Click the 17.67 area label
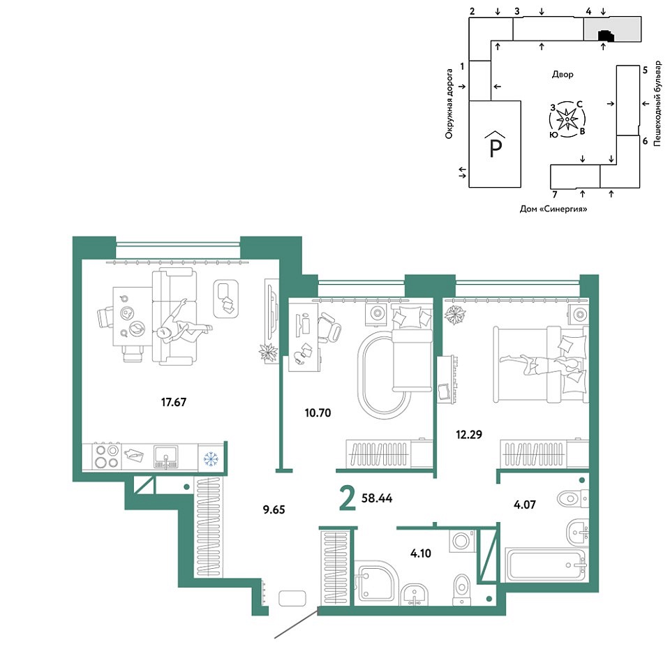coord(174,402)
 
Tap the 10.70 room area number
coord(318,412)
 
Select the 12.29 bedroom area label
coord(469,435)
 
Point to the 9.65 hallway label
coord(274,509)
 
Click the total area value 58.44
coord(377,498)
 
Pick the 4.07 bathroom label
coord(524,505)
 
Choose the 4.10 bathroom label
coord(420,553)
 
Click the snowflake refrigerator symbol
coord(211,459)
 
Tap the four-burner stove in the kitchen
coord(107,456)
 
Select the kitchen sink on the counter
coord(166,456)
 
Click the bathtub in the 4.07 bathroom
coord(546,565)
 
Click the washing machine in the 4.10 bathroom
coord(462,541)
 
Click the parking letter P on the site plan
coord(496,148)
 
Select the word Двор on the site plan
coord(563,75)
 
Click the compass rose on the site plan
coord(567,119)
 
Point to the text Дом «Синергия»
coord(553,209)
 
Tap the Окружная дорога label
coord(449,104)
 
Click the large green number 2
coord(348,500)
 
